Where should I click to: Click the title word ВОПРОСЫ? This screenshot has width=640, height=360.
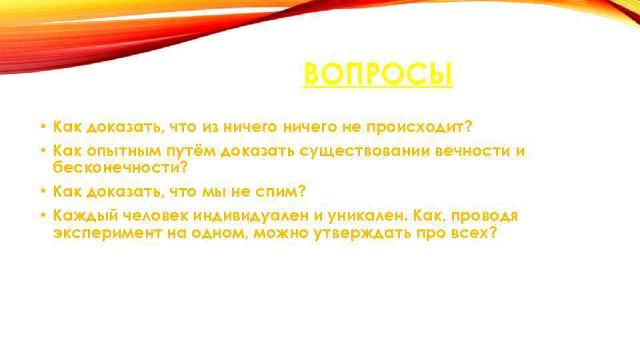[378, 74]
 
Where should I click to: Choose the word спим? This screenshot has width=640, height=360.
[281, 191]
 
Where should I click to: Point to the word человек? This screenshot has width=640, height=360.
[154, 216]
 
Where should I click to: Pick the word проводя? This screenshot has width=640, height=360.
[484, 216]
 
